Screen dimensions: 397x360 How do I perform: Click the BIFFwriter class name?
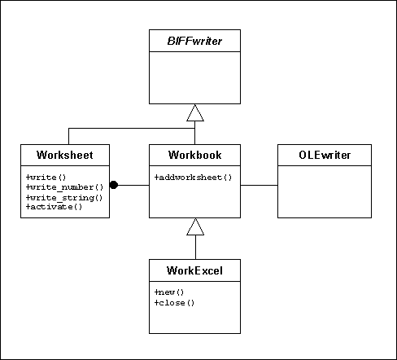coord(194,41)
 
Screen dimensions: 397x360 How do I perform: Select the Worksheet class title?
coord(65,155)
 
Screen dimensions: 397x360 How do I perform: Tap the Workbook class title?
coord(194,155)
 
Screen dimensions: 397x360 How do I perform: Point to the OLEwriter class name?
coord(325,155)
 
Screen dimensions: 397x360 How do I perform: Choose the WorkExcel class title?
coord(194,270)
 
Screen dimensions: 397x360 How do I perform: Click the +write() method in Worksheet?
coord(46,178)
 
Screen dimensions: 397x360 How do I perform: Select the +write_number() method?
coord(64,187)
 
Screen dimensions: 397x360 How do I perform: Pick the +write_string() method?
coord(64,198)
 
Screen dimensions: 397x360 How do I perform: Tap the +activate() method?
coord(54,207)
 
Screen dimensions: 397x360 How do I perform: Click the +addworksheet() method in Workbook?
coord(193,178)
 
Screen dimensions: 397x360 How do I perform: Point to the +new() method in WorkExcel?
coord(169,292)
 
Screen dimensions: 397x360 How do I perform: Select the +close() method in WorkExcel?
coord(174,303)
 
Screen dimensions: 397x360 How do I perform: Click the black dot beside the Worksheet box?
coord(114,185)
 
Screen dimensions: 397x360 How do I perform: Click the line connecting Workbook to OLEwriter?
coord(259,186)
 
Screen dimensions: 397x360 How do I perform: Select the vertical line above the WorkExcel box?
coord(195,247)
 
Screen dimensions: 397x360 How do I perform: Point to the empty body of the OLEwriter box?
coord(325,191)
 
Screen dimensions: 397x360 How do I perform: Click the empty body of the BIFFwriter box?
coord(194,77)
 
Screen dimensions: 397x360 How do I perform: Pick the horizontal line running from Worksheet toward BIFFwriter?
coord(132,129)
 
